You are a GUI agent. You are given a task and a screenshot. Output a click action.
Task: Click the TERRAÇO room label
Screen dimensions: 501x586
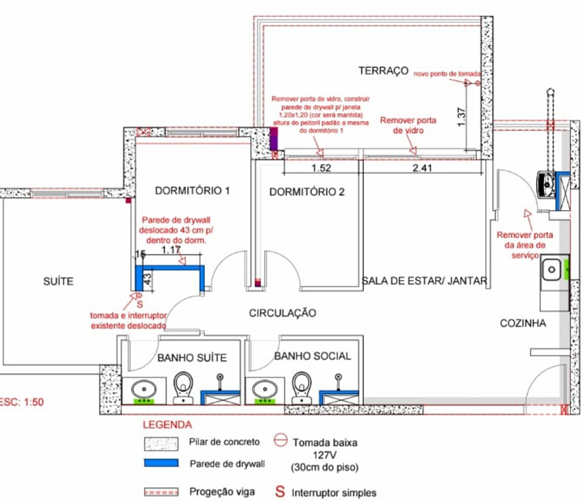point(383,70)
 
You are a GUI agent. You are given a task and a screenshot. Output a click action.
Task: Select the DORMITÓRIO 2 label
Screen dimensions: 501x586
point(307,192)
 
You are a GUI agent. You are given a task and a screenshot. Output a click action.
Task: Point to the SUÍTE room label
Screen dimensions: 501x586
point(58,282)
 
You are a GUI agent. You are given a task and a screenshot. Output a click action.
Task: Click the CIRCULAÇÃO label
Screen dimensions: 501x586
point(283,313)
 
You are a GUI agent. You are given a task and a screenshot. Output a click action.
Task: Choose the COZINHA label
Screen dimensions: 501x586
point(523,323)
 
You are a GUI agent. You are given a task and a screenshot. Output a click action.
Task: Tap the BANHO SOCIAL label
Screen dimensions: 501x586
point(313,356)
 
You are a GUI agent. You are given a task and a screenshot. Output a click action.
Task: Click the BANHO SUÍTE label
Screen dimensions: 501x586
point(192,357)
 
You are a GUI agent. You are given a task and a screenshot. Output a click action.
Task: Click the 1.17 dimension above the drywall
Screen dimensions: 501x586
point(170,249)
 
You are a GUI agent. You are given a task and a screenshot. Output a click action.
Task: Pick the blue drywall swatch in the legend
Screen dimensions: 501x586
point(161,463)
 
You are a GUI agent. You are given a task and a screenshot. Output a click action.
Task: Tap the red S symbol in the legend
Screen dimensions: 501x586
point(280,492)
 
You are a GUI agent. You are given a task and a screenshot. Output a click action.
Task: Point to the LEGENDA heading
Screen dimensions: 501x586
point(167,425)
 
